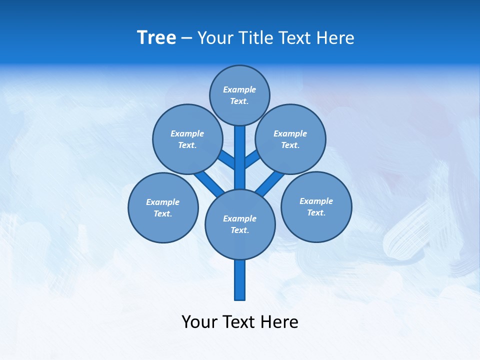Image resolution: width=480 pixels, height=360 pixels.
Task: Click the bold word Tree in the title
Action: [x=156, y=37]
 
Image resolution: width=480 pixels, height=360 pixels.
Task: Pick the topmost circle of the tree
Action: [x=239, y=95]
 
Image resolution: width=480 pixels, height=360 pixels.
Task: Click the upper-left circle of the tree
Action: [x=187, y=139]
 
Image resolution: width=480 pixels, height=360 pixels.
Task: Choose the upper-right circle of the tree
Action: [x=290, y=139]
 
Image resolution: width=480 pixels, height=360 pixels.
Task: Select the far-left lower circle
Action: [x=163, y=207]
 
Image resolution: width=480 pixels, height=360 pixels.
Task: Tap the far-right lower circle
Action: [x=316, y=206]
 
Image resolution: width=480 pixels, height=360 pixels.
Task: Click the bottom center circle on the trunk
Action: [x=240, y=224]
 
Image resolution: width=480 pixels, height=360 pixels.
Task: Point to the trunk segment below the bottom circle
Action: [x=240, y=280]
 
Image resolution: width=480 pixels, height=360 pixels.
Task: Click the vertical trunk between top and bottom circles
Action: [x=240, y=157]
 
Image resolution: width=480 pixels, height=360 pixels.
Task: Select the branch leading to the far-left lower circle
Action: [x=209, y=183]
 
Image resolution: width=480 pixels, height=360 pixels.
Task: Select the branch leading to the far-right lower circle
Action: [x=270, y=183]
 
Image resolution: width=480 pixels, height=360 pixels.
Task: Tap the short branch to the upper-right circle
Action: [x=251, y=159]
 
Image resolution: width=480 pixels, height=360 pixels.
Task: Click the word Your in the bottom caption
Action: [x=199, y=321]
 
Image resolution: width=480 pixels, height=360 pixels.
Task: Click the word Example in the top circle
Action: [x=239, y=89]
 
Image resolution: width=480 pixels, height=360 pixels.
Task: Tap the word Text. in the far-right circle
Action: [x=316, y=212]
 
